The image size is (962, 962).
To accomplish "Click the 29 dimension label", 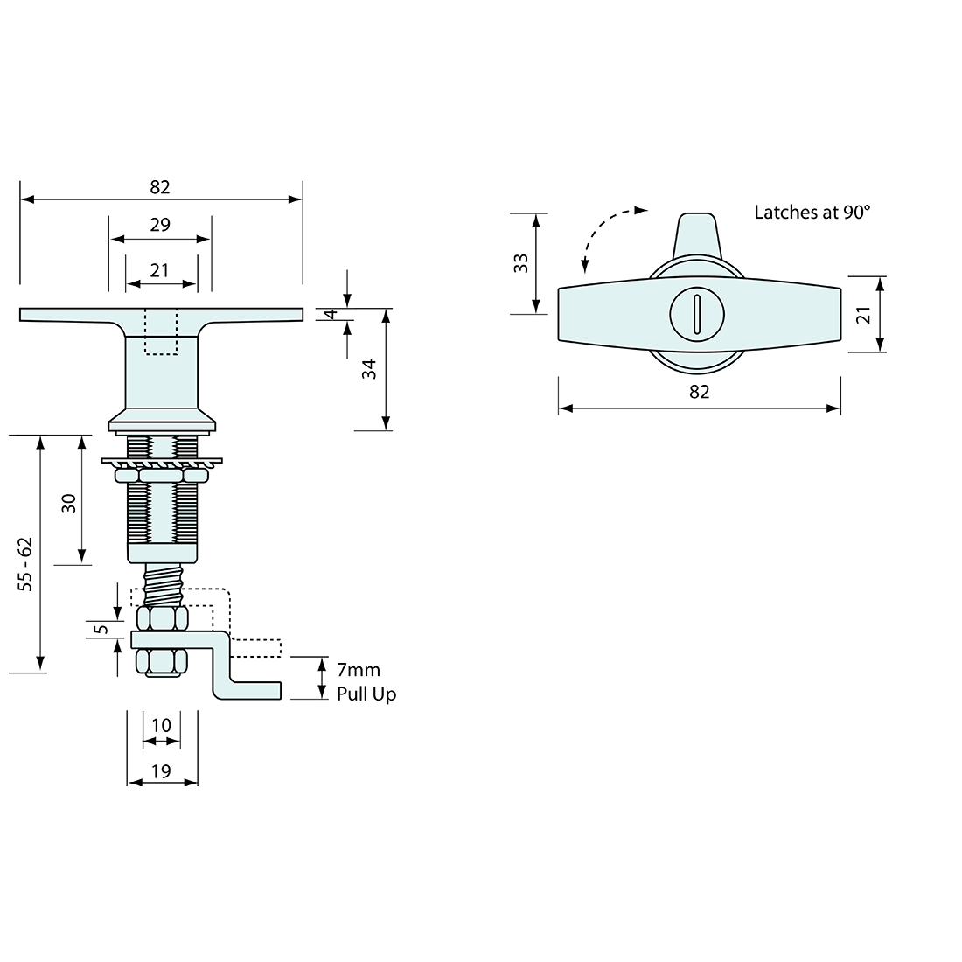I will [x=159, y=225].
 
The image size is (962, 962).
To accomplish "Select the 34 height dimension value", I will [x=370, y=369].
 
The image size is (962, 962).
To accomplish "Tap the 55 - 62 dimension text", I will [x=26, y=564].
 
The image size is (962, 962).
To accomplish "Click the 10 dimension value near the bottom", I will [x=161, y=726].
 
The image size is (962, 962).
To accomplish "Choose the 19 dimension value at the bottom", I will [x=161, y=770].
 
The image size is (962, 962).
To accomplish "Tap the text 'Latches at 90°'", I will [x=812, y=213].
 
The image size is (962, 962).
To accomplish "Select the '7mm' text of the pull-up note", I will [x=359, y=670].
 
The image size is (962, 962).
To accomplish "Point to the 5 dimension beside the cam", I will [x=101, y=629].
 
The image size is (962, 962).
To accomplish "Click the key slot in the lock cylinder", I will [x=697, y=315].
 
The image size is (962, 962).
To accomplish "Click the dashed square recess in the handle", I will [x=160, y=333].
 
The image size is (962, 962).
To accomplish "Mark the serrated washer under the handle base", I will [x=160, y=461].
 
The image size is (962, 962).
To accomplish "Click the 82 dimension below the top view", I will [x=700, y=392].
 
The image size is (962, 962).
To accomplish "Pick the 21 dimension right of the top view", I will [x=864, y=315].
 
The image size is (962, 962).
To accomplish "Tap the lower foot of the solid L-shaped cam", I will [x=254, y=691].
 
